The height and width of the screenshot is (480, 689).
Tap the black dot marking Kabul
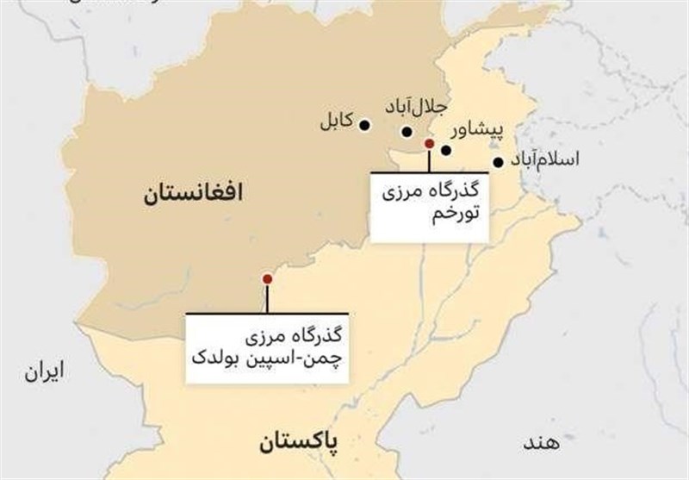tap(365, 125)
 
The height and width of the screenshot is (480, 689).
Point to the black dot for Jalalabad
tap(407, 132)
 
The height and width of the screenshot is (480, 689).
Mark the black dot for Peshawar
tap(446, 150)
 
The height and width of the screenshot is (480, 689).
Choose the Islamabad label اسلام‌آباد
tap(544, 160)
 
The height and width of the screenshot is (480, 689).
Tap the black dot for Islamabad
tap(498, 161)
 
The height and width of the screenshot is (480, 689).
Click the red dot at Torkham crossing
tap(429, 144)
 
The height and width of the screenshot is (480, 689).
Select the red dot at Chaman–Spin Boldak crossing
tap(267, 277)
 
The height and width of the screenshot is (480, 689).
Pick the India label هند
tap(540, 442)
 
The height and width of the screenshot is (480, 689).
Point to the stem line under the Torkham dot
tap(429, 161)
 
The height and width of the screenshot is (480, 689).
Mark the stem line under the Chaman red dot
tap(267, 298)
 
